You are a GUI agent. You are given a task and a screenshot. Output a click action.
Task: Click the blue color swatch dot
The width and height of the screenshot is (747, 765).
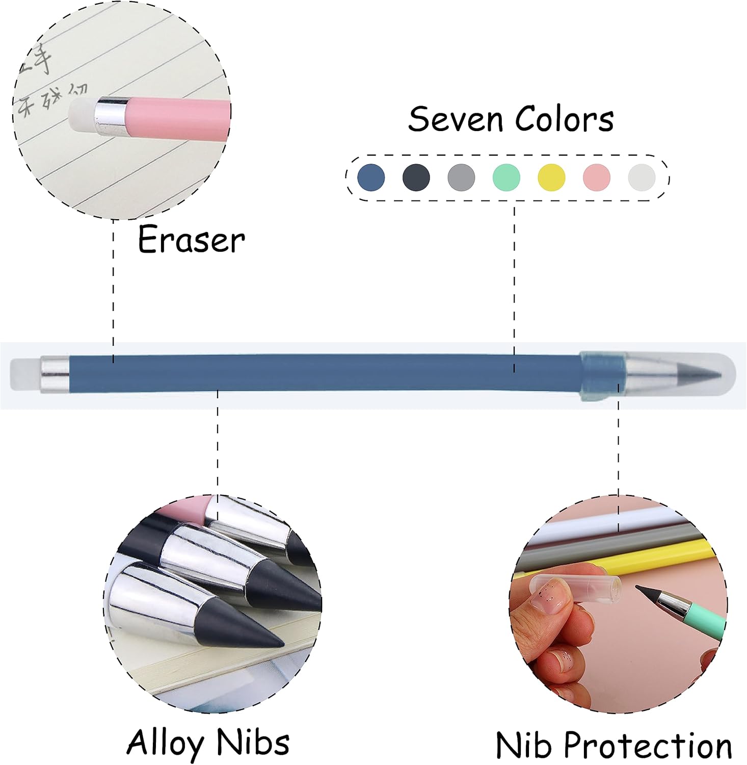point(371,177)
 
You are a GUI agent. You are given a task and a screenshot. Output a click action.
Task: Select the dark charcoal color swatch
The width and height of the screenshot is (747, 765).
point(416,177)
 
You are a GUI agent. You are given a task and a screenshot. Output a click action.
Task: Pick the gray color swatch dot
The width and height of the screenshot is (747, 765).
point(461,177)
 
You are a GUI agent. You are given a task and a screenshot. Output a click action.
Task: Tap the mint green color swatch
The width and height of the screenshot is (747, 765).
point(506,177)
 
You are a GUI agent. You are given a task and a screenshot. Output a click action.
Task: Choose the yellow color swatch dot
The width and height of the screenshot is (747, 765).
point(551,177)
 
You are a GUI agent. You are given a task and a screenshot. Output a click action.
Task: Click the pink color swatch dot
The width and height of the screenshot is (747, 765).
point(596,177)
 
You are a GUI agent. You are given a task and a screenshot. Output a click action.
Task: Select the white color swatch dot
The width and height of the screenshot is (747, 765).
point(642,177)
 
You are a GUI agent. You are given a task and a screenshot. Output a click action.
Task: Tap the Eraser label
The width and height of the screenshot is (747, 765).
point(191,240)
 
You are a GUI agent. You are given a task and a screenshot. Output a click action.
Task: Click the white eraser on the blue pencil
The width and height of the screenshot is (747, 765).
point(24,375)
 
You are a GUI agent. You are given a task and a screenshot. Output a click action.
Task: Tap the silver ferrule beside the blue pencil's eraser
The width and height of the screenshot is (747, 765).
point(55,375)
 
